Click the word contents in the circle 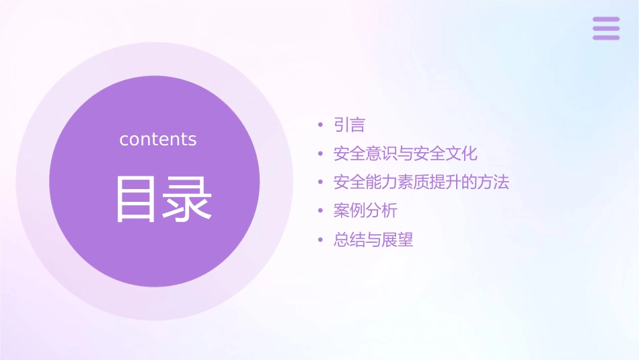pyautogui.click(x=158, y=139)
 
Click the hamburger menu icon pyautogui.click(x=606, y=28)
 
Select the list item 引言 pyautogui.click(x=349, y=125)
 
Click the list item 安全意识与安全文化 pyautogui.click(x=405, y=153)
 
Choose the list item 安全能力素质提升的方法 pyautogui.click(x=421, y=182)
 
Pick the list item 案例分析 pyautogui.click(x=365, y=211)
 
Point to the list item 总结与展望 pyautogui.click(x=373, y=240)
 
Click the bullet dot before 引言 pyautogui.click(x=321, y=126)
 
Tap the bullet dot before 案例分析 pyautogui.click(x=321, y=211)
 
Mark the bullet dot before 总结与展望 pyautogui.click(x=321, y=240)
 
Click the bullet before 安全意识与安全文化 pyautogui.click(x=321, y=154)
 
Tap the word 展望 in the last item pyautogui.click(x=398, y=240)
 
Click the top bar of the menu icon pyautogui.click(x=606, y=19)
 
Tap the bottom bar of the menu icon pyautogui.click(x=606, y=38)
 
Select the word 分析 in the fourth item pyautogui.click(x=381, y=211)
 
